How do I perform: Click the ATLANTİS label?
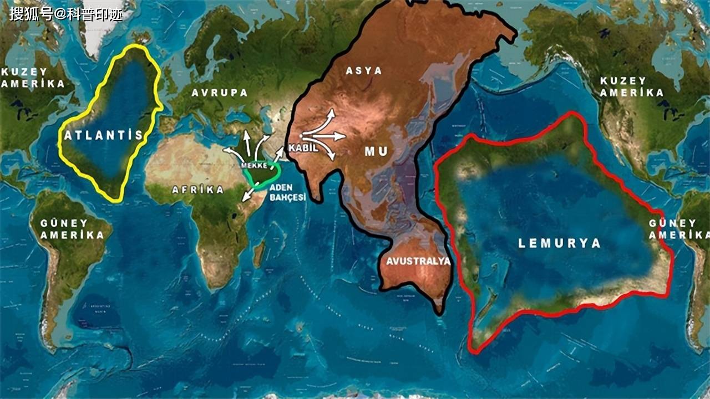(x=104, y=135)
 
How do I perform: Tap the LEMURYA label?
(x=559, y=243)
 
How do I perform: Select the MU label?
(x=376, y=151)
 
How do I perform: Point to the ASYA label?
(x=364, y=71)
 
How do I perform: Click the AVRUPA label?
(x=220, y=93)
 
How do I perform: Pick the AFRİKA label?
(x=198, y=190)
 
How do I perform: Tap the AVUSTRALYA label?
(x=418, y=261)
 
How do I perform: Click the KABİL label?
(x=303, y=148)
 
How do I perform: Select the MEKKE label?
(x=255, y=165)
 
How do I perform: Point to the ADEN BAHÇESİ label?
(x=288, y=192)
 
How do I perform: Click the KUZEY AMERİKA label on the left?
(x=33, y=78)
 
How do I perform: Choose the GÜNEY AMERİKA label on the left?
(x=72, y=229)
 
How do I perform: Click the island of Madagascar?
(x=259, y=253)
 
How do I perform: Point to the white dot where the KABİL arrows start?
(x=300, y=136)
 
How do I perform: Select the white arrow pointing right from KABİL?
(x=333, y=136)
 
